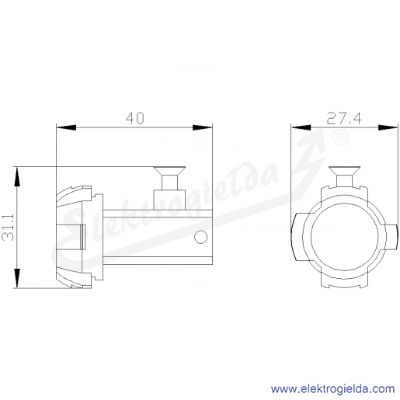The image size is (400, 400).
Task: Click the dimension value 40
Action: coord(135,118)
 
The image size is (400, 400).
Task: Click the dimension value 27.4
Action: coord(344,119)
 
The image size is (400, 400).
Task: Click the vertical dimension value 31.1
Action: coord(8,228)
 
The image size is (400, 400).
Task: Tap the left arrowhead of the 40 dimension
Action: coord(66,127)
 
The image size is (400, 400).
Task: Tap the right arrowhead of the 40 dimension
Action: coord(202,127)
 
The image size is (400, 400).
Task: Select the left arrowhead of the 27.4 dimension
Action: coord(301,127)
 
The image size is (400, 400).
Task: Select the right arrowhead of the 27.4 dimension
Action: coord(388,127)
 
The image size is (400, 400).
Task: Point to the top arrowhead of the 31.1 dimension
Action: coord(17,177)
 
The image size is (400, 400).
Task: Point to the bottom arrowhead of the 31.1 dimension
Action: coord(17,278)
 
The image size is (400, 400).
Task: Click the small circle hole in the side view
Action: coord(200,237)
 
